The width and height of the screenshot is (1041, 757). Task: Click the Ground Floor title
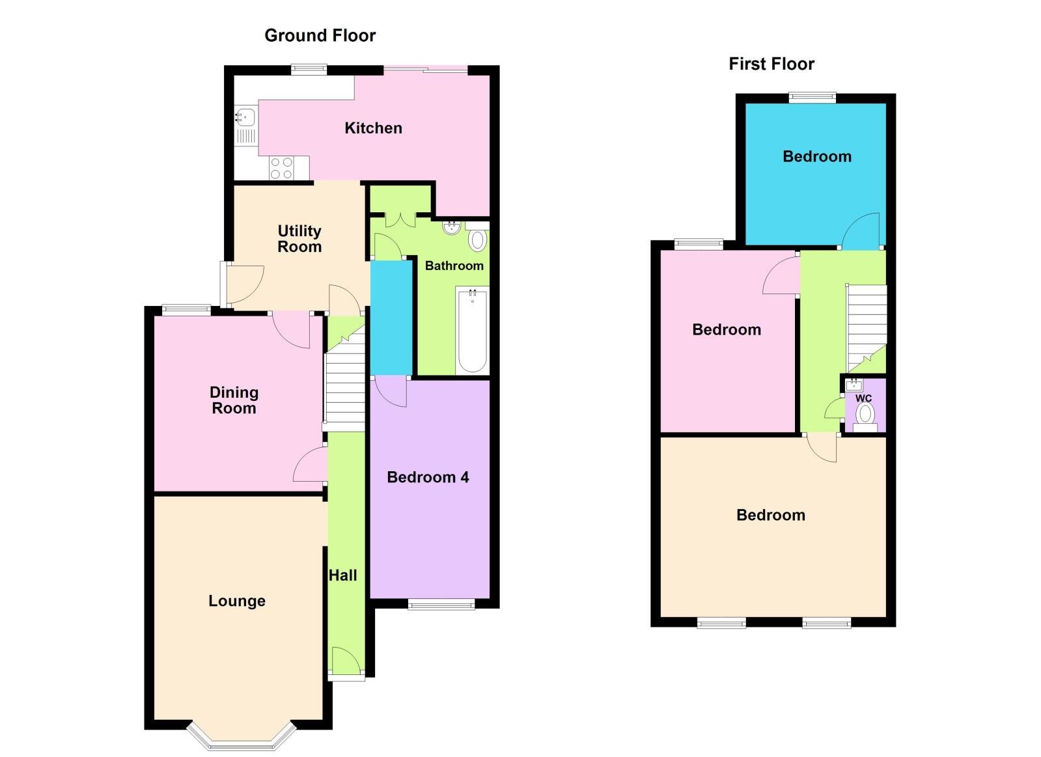click(x=320, y=36)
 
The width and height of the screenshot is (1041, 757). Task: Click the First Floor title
click(x=771, y=64)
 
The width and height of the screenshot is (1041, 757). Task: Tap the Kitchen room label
click(x=373, y=128)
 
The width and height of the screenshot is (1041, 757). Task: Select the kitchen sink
click(x=246, y=117)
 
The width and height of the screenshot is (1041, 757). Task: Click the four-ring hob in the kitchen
click(x=281, y=168)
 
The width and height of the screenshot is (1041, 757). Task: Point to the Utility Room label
click(x=299, y=239)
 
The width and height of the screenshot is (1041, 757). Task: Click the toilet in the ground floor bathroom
click(x=477, y=240)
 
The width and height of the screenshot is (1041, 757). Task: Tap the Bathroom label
click(x=454, y=266)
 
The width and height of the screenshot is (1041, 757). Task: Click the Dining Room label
click(x=234, y=400)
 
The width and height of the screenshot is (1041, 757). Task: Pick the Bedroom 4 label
click(x=428, y=477)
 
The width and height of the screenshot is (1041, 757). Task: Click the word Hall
click(x=342, y=575)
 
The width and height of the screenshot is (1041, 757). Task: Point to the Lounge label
click(x=237, y=601)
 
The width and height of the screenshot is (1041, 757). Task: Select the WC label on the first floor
click(x=863, y=398)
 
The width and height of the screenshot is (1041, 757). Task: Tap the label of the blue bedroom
click(x=816, y=156)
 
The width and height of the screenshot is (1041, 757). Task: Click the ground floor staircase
click(x=345, y=384)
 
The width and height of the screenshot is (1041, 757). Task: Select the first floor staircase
click(x=866, y=325)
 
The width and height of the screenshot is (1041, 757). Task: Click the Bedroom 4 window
click(x=441, y=605)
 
